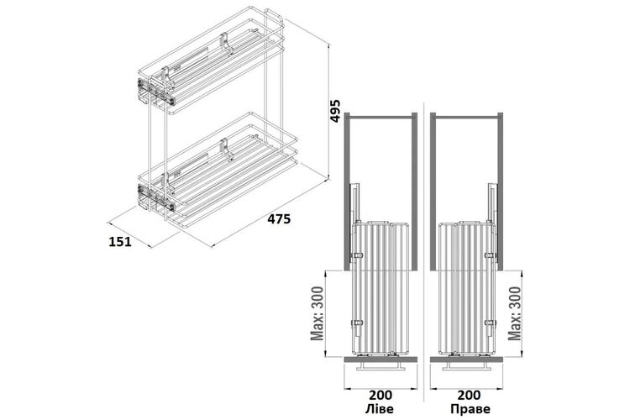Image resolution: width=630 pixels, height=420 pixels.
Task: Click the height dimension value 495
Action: coord(335,110)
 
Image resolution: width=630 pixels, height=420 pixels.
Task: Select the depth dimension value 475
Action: coord(278,219)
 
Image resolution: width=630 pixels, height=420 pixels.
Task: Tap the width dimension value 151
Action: coord(120,242)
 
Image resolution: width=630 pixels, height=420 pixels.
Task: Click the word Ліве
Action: coord(380,409)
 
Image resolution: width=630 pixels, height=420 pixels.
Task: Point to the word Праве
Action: coord(470,409)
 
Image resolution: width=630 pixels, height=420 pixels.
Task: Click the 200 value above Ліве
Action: coord(380,395)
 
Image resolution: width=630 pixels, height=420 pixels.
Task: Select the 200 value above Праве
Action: coord(469,395)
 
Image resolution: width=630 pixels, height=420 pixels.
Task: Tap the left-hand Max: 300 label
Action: coord(318,313)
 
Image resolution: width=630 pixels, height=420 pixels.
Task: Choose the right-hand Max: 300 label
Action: coord(515,313)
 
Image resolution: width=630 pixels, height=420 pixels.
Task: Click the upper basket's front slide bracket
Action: coord(156,92)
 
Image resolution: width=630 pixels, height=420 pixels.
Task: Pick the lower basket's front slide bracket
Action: coord(156,197)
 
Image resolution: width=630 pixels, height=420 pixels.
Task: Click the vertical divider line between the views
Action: coord(424,249)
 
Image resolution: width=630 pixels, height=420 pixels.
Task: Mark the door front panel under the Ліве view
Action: coord(381,359)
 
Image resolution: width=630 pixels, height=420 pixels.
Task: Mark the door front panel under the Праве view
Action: coord(466,359)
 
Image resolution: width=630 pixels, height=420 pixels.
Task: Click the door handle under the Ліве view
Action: coord(381,366)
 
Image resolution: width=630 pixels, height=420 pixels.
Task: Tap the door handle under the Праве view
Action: coord(465,366)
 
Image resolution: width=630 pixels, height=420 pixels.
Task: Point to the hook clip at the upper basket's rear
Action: coord(225,43)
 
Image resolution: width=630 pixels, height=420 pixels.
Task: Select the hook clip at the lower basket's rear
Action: coord(225,148)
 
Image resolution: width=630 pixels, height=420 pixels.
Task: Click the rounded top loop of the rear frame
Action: coord(276,16)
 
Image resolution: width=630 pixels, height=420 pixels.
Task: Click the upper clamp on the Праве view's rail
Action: coord(490,255)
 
